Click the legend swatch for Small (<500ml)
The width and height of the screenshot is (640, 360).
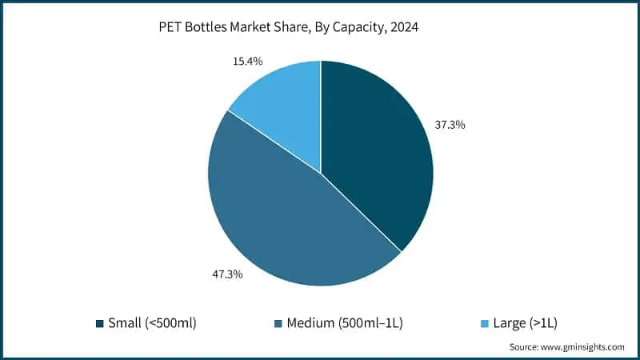[100, 323]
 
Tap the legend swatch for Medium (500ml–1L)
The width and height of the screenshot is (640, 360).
[278, 323]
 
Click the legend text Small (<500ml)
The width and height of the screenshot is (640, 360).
[152, 323]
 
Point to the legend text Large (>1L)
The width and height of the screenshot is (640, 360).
[525, 323]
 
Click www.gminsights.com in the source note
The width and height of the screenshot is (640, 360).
[583, 347]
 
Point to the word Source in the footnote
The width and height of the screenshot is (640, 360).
[524, 347]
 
